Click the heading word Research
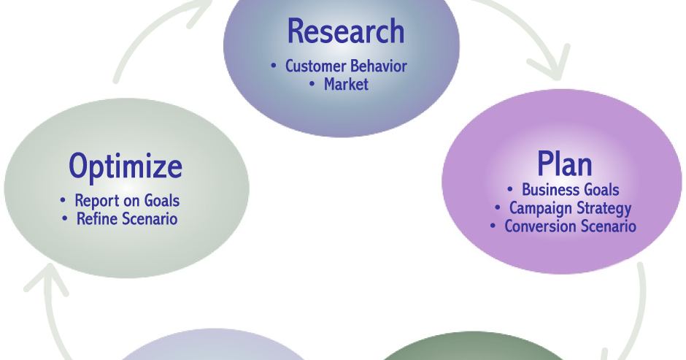[345, 31]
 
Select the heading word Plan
[564, 164]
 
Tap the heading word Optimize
[126, 166]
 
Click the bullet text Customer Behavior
[346, 66]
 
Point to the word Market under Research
[346, 84]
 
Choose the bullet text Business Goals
[570, 190]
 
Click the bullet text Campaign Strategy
[570, 208]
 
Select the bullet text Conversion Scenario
[570, 226]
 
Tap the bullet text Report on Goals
[127, 200]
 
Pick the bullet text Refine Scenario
[127, 218]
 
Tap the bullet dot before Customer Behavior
[274, 66]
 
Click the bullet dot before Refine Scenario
[65, 218]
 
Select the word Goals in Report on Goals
[161, 200]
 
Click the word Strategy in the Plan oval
[601, 208]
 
